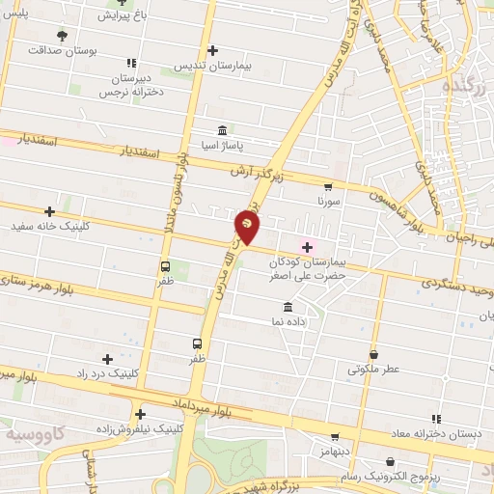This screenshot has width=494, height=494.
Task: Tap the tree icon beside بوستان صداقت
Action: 62,36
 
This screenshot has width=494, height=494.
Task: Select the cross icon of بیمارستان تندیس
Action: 212,50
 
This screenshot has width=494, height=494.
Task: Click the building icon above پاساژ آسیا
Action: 223,130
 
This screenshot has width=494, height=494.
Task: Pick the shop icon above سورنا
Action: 328,188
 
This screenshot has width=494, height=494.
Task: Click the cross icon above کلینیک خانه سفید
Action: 49,211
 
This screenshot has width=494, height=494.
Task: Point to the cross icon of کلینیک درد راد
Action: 107,359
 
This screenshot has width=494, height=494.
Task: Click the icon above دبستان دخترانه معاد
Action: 436,419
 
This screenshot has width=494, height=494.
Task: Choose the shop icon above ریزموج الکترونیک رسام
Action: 390,462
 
